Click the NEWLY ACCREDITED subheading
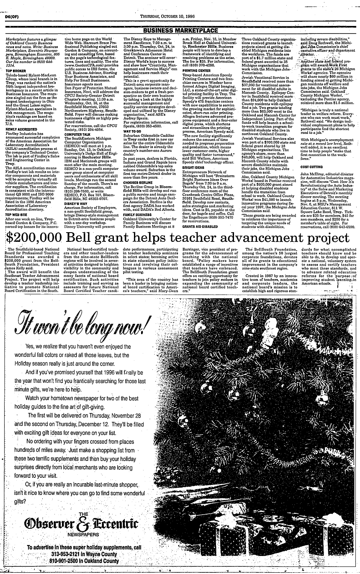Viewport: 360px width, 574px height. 20,129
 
